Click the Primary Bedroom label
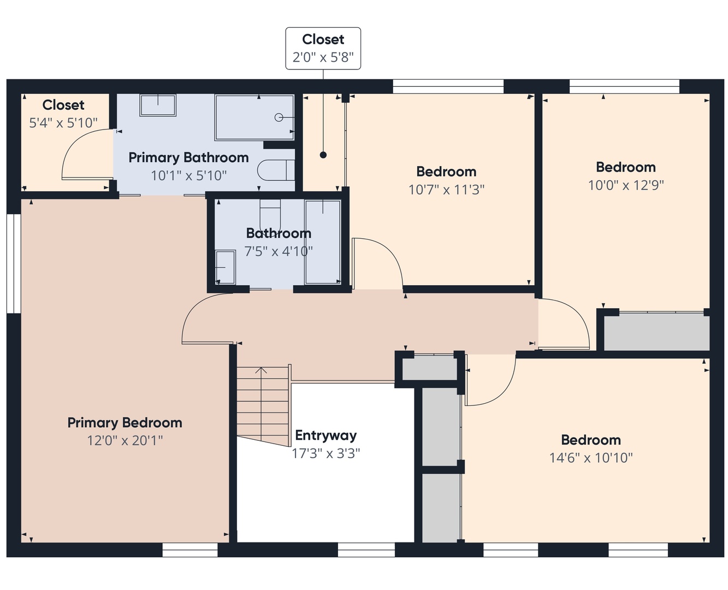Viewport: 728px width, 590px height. point(125,423)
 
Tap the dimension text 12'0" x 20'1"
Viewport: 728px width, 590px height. point(125,441)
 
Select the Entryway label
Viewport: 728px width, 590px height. point(325,436)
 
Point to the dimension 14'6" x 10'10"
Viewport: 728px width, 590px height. point(591,458)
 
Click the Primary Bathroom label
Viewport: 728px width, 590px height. point(188,158)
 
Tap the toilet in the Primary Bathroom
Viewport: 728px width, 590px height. point(276,170)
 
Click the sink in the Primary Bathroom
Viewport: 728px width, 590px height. point(158,105)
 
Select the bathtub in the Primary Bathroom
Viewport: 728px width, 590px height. point(254,117)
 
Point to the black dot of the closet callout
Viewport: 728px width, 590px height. point(323,155)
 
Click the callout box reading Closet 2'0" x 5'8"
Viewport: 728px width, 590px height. point(323,49)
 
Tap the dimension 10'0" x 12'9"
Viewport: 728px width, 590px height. point(626,185)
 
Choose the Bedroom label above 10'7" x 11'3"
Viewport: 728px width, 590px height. point(446,172)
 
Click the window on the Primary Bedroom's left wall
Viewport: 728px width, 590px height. point(14,263)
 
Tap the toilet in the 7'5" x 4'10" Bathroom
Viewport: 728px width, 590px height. point(270,215)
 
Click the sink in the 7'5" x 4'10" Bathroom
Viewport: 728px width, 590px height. point(225,267)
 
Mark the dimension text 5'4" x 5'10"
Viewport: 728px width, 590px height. point(63,123)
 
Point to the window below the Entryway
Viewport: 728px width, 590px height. point(366,550)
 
